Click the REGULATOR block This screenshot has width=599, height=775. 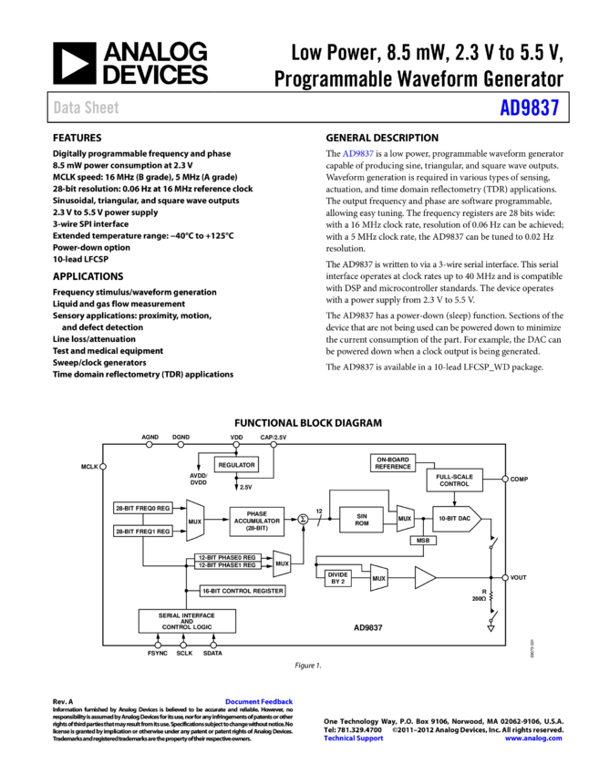point(236,465)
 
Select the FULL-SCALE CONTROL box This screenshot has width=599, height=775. point(454,480)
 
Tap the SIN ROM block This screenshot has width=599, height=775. point(361,520)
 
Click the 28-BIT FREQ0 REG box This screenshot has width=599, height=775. point(143,508)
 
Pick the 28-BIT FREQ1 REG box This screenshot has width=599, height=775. point(143,531)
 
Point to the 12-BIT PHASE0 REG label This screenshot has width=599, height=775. point(228,557)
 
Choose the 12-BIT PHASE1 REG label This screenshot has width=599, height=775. point(228,565)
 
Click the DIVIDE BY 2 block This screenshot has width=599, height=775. point(337,577)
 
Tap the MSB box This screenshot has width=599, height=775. point(422,541)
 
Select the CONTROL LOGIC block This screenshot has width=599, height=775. point(187,626)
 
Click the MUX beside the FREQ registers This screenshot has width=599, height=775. point(194,522)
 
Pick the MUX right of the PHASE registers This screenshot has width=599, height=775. point(282,563)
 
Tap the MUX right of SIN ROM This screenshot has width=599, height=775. point(405,519)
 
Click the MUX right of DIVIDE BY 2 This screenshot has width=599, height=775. point(378,578)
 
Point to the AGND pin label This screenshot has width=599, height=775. point(150,438)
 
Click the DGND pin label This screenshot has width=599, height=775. point(181,438)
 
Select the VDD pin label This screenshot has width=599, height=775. point(239,438)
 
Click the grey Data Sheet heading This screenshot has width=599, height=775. point(86,108)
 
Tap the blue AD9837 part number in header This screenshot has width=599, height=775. point(529,108)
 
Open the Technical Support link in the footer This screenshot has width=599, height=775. point(354,739)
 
